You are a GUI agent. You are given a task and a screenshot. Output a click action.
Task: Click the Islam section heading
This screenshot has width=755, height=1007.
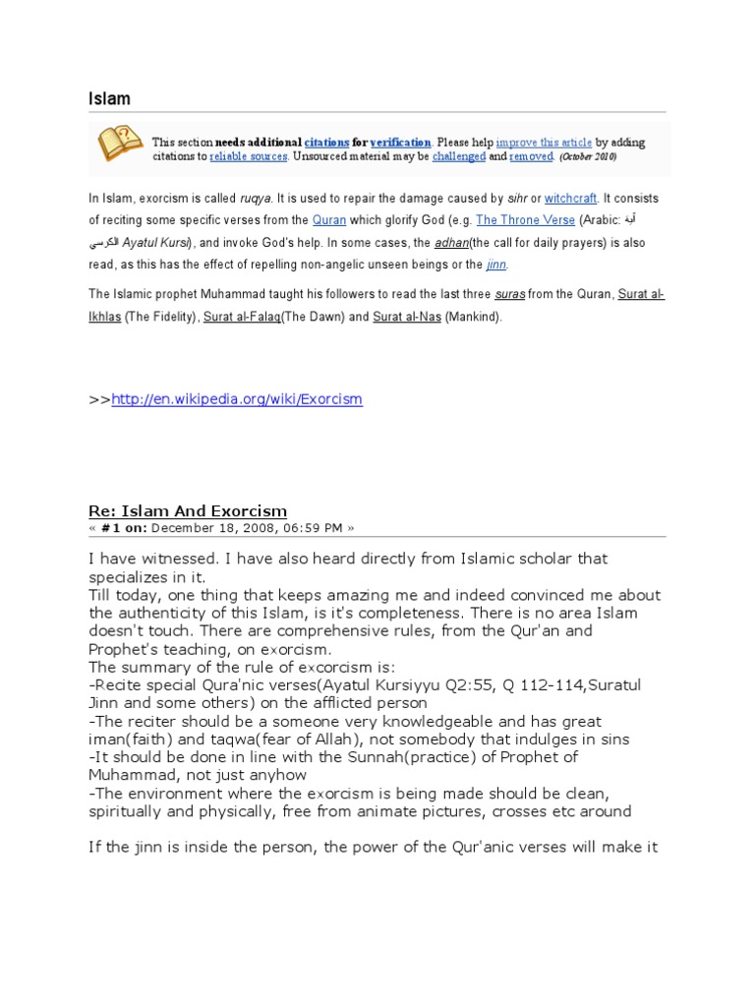click(109, 98)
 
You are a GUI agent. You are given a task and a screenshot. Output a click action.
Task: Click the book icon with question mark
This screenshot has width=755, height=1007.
click(118, 143)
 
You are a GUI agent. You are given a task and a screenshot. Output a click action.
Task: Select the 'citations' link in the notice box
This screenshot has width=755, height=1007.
click(326, 143)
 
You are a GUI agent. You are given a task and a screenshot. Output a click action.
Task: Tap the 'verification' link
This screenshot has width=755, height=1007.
click(400, 143)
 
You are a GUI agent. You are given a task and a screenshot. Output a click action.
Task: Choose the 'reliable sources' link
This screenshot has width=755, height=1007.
click(248, 156)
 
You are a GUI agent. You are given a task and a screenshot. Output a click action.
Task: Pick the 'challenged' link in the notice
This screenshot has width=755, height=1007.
click(459, 156)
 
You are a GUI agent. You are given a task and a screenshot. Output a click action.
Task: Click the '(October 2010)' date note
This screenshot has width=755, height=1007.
click(588, 156)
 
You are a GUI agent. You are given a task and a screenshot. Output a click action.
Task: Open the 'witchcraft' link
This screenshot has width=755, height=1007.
click(570, 198)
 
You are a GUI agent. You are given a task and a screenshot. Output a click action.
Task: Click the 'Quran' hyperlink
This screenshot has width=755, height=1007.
click(329, 220)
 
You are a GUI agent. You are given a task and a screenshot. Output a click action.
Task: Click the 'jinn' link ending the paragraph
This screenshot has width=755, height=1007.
click(497, 265)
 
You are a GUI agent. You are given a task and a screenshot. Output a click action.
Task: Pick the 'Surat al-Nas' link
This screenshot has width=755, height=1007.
click(406, 317)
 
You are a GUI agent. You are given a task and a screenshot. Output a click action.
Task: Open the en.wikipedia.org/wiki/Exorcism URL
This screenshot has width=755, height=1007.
click(237, 399)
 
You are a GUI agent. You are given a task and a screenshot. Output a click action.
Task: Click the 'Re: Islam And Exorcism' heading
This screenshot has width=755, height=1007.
click(188, 510)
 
